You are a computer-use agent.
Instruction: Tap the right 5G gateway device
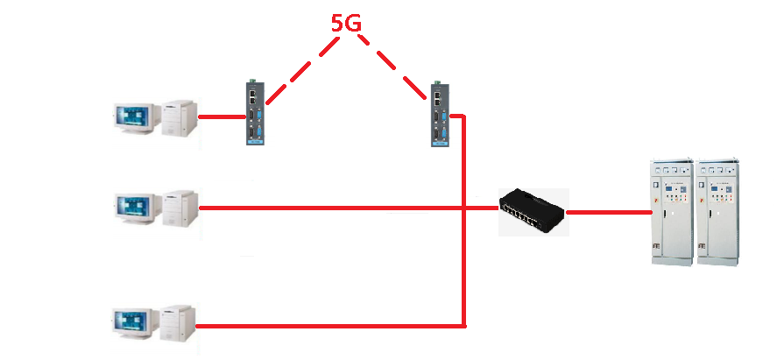[438, 114]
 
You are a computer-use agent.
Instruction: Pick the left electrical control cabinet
[669, 213]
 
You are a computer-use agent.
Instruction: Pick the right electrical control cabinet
[718, 213]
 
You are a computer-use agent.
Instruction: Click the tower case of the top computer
[179, 117]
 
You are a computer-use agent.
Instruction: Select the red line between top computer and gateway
[222, 116]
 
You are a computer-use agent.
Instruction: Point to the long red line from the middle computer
[350, 208]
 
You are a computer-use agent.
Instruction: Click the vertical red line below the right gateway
[463, 263]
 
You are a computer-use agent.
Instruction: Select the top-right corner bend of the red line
[462, 116]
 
